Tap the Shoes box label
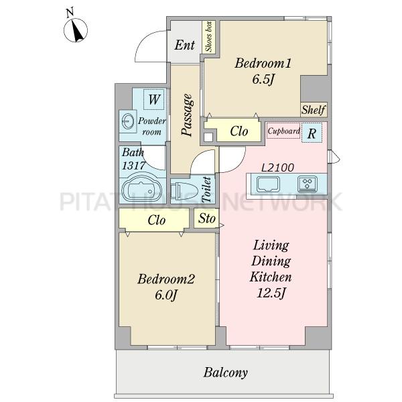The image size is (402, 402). click(x=208, y=37)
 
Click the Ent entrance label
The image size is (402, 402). click(x=185, y=45)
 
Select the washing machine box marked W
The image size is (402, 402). click(x=154, y=99)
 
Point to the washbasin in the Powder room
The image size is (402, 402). click(x=128, y=121)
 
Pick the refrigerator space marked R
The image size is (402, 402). click(x=312, y=133)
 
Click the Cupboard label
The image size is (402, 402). click(x=283, y=131)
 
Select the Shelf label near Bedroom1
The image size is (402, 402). click(x=314, y=110)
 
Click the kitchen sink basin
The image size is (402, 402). click(x=268, y=184)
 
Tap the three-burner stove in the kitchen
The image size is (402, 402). click(x=307, y=184)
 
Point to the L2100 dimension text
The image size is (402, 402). click(x=277, y=167)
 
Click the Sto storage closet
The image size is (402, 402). click(x=206, y=218)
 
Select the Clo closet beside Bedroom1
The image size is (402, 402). click(x=239, y=131)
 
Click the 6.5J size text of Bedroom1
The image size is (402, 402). click(x=263, y=80)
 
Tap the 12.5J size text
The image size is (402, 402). click(x=271, y=293)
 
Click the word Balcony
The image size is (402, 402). click(x=226, y=373)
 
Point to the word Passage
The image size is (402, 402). click(x=187, y=115)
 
